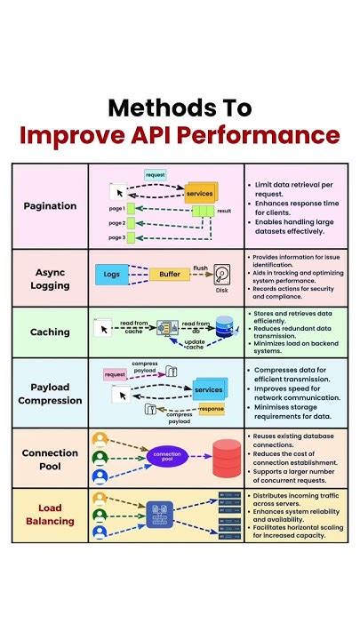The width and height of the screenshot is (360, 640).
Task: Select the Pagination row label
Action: [x=50, y=205]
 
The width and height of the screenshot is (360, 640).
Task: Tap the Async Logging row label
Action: [x=50, y=277]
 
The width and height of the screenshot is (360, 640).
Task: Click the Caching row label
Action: [x=50, y=332]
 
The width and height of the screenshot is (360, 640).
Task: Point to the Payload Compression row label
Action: [x=50, y=393]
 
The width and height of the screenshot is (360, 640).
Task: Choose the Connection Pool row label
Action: [x=50, y=459]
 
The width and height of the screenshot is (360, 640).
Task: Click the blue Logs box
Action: [x=112, y=275]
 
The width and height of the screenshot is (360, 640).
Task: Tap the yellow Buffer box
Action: [x=169, y=275]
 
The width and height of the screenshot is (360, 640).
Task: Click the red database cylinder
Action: [x=226, y=457]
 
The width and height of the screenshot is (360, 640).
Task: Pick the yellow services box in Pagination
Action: [x=200, y=192]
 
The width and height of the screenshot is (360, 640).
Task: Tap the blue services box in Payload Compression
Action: [x=208, y=390]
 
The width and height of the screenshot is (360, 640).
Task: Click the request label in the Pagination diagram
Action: [x=155, y=175]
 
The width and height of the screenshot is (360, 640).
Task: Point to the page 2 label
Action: [x=116, y=223]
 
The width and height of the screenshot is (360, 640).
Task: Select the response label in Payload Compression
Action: [x=212, y=410]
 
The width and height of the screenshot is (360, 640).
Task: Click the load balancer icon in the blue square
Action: [x=163, y=516]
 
